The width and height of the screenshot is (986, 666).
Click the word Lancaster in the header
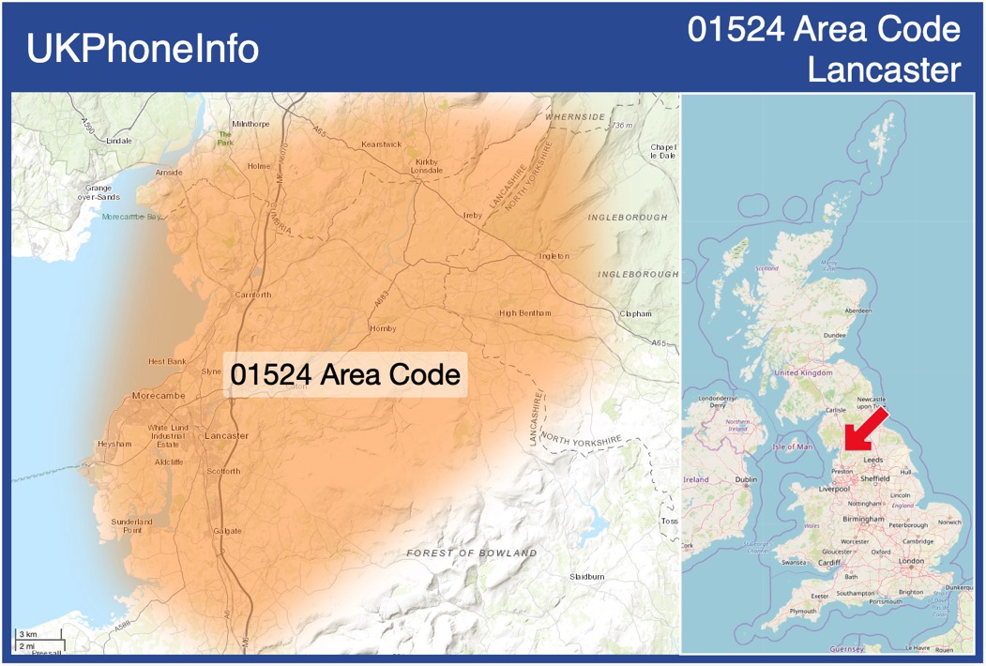point(884,69)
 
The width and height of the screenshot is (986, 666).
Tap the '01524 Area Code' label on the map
point(345,375)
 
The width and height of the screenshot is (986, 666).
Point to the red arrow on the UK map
point(863,431)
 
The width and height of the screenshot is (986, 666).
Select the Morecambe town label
point(159,396)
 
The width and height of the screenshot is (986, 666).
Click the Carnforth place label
point(252,295)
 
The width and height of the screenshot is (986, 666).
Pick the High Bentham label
point(525,312)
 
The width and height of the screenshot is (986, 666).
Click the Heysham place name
point(114,444)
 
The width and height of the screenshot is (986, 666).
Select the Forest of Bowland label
point(472,553)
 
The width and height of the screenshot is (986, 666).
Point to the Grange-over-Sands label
point(99,192)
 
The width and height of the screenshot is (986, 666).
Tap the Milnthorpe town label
point(250,124)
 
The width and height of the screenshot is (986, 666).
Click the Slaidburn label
point(586,576)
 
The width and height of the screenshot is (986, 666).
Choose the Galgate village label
point(227,531)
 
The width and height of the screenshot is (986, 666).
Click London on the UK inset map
point(911,561)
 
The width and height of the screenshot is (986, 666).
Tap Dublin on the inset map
point(746,480)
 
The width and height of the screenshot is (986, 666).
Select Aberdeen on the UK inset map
point(857,310)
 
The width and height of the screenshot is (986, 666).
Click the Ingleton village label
point(554,255)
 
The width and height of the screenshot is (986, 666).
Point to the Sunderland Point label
point(131,525)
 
